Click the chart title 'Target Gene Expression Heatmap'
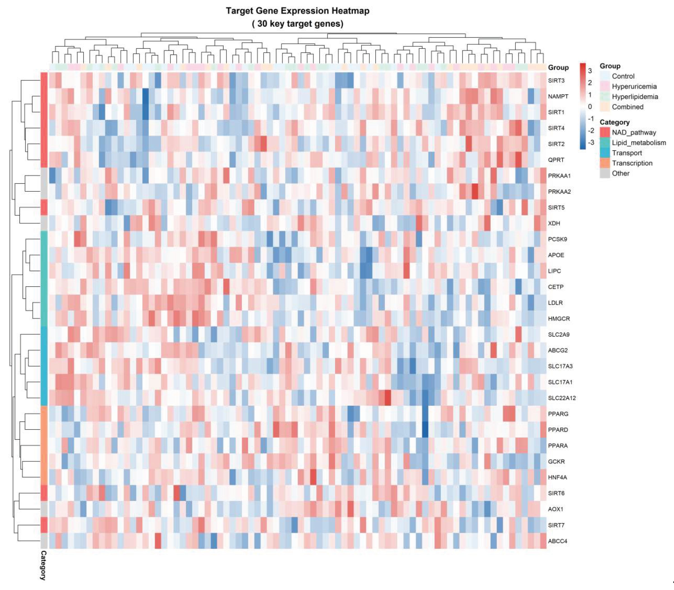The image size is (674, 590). pyautogui.click(x=298, y=11)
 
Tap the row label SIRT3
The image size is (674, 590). pyautogui.click(x=556, y=81)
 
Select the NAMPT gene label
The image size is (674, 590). pyautogui.click(x=558, y=96)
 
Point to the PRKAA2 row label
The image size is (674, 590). pyautogui.click(x=559, y=192)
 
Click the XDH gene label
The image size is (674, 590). pyautogui.click(x=554, y=223)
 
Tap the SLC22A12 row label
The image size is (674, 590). pyautogui.click(x=562, y=398)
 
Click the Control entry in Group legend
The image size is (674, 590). pyautogui.click(x=623, y=76)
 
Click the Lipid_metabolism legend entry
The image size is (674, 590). pyautogui.click(x=639, y=143)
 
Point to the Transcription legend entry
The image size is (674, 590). pyautogui.click(x=632, y=163)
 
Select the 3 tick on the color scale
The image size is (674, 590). pyautogui.click(x=590, y=71)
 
